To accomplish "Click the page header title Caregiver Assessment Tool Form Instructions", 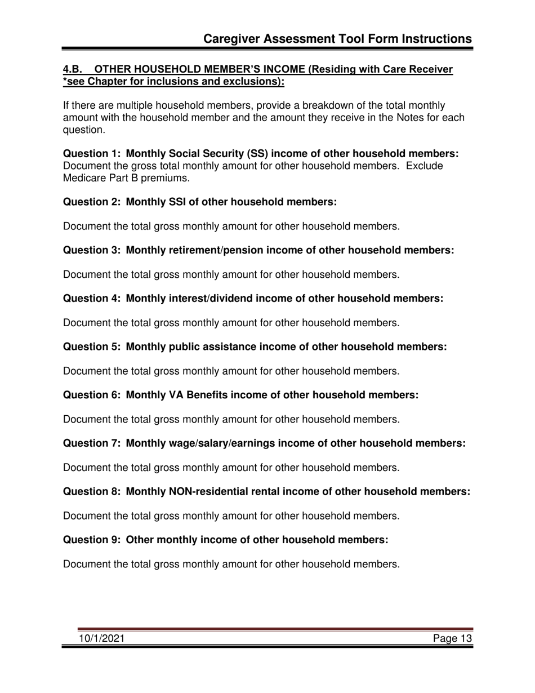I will (x=337, y=38).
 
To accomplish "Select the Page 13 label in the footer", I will (x=452, y=638).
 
